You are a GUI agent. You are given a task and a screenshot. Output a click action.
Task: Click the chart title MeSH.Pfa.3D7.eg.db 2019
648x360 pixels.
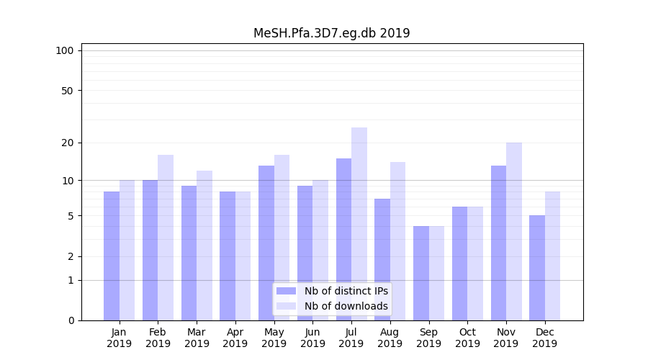click(331, 33)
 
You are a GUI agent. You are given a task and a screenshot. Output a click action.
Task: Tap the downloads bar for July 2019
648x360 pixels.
click(359, 224)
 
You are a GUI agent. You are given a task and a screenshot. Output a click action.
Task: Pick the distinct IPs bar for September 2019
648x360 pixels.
click(421, 273)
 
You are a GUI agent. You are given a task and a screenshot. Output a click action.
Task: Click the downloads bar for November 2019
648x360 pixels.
click(514, 231)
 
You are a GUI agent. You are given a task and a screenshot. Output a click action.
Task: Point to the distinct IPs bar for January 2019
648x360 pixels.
click(112, 256)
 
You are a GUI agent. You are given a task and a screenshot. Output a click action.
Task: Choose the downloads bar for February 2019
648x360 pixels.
click(166, 238)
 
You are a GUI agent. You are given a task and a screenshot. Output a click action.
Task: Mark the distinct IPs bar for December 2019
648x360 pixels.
click(537, 268)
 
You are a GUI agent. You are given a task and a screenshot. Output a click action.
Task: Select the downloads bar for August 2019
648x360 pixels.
click(398, 241)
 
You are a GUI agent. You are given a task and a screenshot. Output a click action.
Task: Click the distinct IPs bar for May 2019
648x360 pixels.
click(266, 243)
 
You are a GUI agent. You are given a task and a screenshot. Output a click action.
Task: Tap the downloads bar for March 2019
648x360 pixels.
click(204, 246)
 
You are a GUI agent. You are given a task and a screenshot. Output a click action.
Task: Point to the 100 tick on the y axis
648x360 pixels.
click(65, 50)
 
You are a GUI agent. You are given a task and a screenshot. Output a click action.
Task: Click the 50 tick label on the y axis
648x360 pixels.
click(67, 91)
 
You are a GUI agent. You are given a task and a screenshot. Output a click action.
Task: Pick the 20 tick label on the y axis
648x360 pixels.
click(67, 143)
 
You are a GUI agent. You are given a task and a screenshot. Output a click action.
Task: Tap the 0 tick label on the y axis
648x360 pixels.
click(71, 320)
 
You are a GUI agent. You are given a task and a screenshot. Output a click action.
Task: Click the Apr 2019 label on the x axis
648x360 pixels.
click(235, 338)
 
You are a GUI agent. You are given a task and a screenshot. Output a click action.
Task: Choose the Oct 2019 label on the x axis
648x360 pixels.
click(467, 338)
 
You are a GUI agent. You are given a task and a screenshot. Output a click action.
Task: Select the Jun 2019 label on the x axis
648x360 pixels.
click(312, 338)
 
